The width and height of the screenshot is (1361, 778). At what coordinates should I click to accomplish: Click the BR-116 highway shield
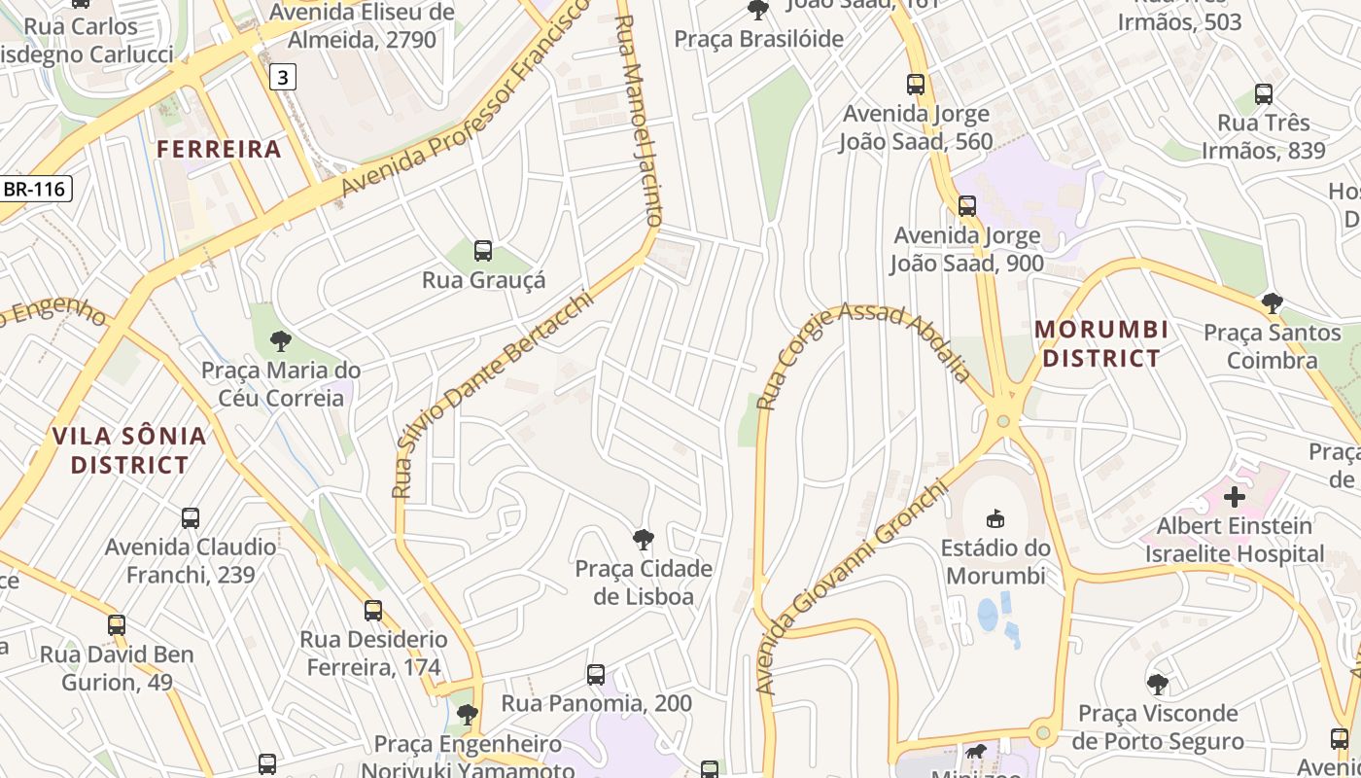[x=34, y=189]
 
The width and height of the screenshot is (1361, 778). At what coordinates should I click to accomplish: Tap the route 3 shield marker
[x=282, y=77]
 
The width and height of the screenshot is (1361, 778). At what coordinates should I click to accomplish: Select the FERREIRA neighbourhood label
[x=219, y=149]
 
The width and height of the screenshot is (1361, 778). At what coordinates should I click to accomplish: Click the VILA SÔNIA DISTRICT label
[x=129, y=450]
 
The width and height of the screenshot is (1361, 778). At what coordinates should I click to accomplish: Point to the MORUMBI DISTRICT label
[x=1101, y=344]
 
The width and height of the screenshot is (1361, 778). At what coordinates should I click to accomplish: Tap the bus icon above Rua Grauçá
[x=483, y=251]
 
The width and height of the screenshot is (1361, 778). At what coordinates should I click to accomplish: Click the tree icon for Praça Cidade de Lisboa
[x=643, y=540]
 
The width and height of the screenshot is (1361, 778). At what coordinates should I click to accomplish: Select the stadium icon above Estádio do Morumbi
[x=995, y=518]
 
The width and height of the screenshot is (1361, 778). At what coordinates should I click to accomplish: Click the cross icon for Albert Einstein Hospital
[x=1235, y=497]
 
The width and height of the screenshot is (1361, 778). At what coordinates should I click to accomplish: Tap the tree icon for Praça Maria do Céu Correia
[x=281, y=340]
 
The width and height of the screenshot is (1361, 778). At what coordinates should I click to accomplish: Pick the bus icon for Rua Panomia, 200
[x=596, y=674]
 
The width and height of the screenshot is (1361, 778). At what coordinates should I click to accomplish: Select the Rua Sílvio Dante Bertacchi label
[x=491, y=394]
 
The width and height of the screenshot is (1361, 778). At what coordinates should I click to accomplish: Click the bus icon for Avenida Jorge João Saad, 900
[x=967, y=206]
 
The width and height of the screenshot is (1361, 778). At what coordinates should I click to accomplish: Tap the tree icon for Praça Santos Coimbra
[x=1272, y=303]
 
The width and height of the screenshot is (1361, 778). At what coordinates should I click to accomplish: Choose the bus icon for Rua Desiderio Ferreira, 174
[x=373, y=611]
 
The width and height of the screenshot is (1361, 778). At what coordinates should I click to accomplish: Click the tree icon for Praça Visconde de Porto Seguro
[x=1157, y=685]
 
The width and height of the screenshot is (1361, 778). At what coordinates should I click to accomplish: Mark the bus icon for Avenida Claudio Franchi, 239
[x=191, y=518]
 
